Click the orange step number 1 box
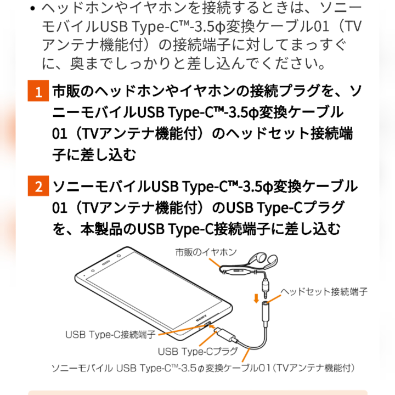(38, 91)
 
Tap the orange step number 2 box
(38, 187)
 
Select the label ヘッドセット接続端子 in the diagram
(324, 291)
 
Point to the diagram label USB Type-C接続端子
(110, 334)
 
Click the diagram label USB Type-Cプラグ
(198, 351)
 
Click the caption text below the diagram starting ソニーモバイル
(204, 368)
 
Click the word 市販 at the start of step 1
(64, 91)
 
